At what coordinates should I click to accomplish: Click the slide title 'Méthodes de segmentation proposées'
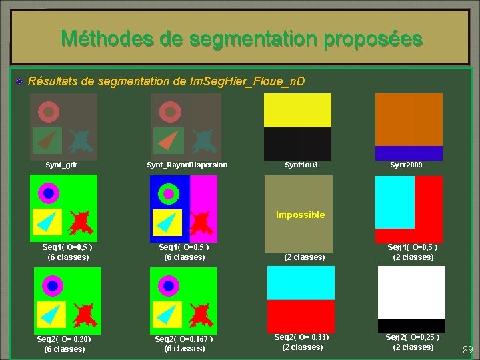(x=241, y=38)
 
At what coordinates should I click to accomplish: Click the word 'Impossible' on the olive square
(x=301, y=215)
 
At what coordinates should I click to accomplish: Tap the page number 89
(x=467, y=350)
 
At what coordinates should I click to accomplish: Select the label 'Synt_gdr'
(x=61, y=165)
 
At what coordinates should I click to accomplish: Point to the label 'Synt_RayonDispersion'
(x=187, y=165)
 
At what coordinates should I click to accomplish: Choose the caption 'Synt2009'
(x=406, y=165)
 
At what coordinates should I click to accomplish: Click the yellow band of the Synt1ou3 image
(x=297, y=110)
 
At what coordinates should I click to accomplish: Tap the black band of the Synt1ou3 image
(x=297, y=143)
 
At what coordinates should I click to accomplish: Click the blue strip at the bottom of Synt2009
(x=409, y=153)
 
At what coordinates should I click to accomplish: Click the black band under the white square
(x=411, y=325)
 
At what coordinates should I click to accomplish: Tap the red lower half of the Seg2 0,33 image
(x=301, y=316)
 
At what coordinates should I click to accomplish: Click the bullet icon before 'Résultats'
(x=21, y=81)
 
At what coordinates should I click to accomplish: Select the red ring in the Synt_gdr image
(x=48, y=111)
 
